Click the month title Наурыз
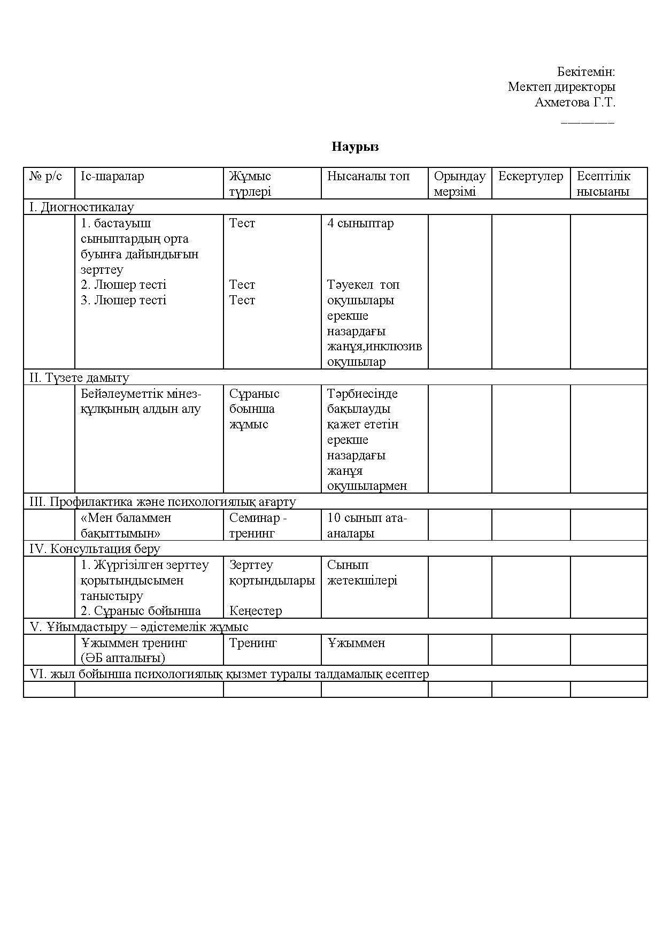(355, 147)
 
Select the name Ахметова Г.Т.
(575, 102)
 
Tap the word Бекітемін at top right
(586, 72)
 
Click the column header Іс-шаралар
(112, 176)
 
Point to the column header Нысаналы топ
(368, 176)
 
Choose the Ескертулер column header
(530, 176)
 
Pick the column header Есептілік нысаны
(603, 183)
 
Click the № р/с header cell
(45, 176)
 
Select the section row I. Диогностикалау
(82, 207)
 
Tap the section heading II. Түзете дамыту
(79, 378)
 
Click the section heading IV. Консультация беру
(95, 549)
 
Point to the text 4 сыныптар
(360, 223)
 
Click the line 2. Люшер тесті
(124, 285)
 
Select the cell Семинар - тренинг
(258, 525)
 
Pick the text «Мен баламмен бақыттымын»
(126, 525)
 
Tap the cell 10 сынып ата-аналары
(367, 525)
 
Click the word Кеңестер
(256, 611)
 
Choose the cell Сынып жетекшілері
(362, 572)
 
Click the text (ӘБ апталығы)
(123, 658)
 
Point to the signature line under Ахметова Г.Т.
(588, 122)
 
